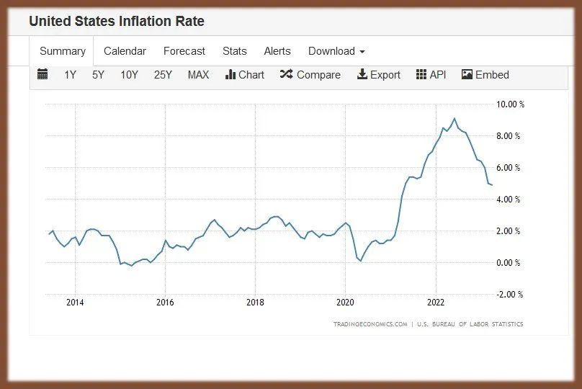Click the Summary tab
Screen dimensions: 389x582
(x=63, y=51)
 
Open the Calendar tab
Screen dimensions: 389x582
(x=125, y=51)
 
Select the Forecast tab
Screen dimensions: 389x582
(x=184, y=51)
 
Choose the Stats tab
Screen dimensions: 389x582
(x=235, y=51)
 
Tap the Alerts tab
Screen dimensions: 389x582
(x=277, y=51)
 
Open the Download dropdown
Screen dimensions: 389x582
(x=336, y=51)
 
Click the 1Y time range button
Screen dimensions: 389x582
(x=70, y=75)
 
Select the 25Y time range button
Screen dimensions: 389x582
(x=163, y=75)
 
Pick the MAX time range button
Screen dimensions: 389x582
(x=198, y=75)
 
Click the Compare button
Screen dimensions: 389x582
(x=310, y=75)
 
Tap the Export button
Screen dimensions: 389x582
(x=379, y=75)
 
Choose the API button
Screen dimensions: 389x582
(x=431, y=75)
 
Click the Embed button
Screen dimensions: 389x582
(x=485, y=75)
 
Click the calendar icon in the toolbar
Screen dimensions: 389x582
(x=42, y=74)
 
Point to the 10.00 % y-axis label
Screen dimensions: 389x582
(x=511, y=104)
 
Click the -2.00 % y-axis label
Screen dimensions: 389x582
(x=510, y=295)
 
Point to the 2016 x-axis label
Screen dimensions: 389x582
(x=165, y=303)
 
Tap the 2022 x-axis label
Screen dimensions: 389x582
(x=435, y=303)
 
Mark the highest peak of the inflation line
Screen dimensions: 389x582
(x=454, y=118)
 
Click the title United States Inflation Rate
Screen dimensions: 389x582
(x=117, y=22)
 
